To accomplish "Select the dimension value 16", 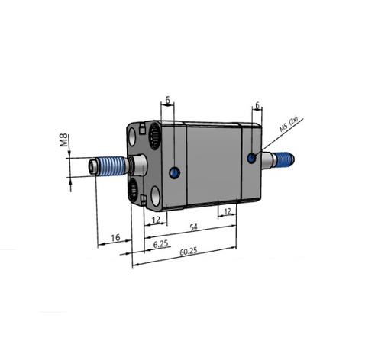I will [x=115, y=239].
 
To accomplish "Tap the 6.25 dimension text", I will [x=161, y=244].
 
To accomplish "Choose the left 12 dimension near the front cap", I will [x=157, y=220].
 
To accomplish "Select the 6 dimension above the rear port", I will [x=257, y=105].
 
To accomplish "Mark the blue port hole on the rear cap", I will [x=252, y=158].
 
